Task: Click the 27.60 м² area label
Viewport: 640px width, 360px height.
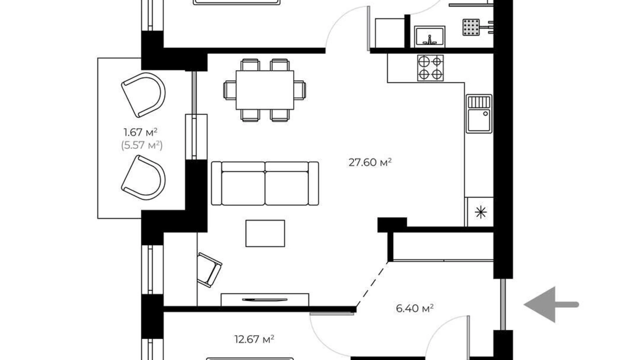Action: [370, 162]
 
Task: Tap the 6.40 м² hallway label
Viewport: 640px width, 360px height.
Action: [415, 308]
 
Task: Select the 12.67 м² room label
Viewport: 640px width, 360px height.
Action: [254, 339]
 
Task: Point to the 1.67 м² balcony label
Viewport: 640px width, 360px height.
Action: [140, 132]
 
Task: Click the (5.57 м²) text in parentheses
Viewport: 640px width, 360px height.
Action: [142, 145]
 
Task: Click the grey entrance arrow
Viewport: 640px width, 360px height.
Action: [551, 305]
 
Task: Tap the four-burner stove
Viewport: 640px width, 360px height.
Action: [430, 68]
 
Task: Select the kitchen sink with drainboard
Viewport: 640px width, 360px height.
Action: [479, 114]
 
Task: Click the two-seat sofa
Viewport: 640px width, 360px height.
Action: [265, 183]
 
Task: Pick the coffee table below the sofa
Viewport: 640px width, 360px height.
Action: [265, 233]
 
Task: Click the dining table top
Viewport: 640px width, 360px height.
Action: [265, 90]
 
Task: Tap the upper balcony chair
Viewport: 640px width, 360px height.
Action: [144, 94]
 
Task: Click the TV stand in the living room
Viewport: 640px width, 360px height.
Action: [265, 299]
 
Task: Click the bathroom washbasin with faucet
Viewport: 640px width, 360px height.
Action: [430, 36]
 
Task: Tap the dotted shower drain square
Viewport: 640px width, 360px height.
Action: [471, 27]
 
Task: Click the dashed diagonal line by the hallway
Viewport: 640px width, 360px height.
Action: [372, 285]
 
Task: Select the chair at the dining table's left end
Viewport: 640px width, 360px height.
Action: [230, 90]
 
